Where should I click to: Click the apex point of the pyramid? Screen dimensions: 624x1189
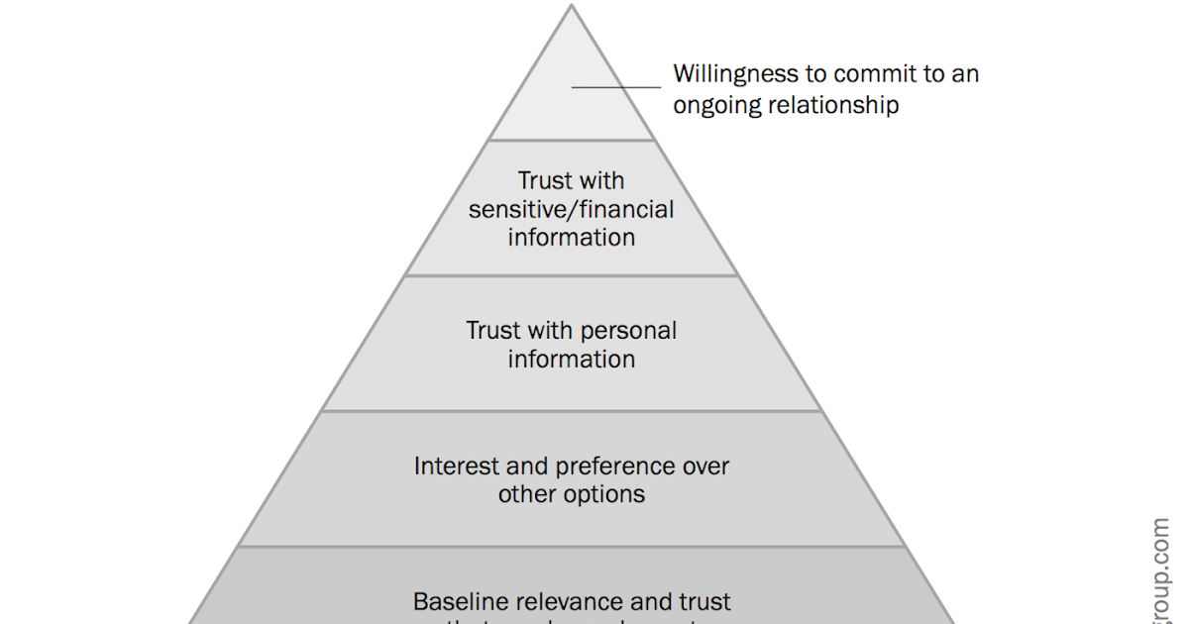coord(572,6)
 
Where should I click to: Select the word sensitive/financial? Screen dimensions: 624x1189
coord(572,210)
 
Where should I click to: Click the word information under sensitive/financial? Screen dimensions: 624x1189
coord(572,238)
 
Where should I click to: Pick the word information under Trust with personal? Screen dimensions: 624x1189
coord(572,359)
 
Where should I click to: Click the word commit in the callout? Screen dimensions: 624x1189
coord(868,74)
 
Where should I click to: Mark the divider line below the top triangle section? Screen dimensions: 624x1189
coord(572,140)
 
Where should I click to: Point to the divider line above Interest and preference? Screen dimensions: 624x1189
coord(572,411)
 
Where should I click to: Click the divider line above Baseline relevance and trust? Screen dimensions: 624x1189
coord(572,547)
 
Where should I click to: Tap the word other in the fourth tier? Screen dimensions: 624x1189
coord(526,493)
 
